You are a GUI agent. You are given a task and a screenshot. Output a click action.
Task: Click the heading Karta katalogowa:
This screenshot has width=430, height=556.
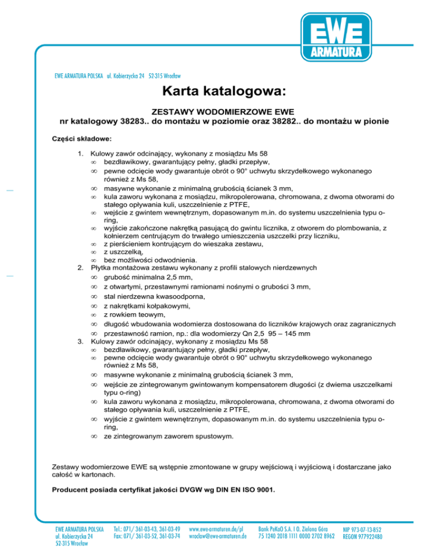[214, 90]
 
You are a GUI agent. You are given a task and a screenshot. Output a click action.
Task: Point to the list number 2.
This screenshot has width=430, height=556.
[80, 268]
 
